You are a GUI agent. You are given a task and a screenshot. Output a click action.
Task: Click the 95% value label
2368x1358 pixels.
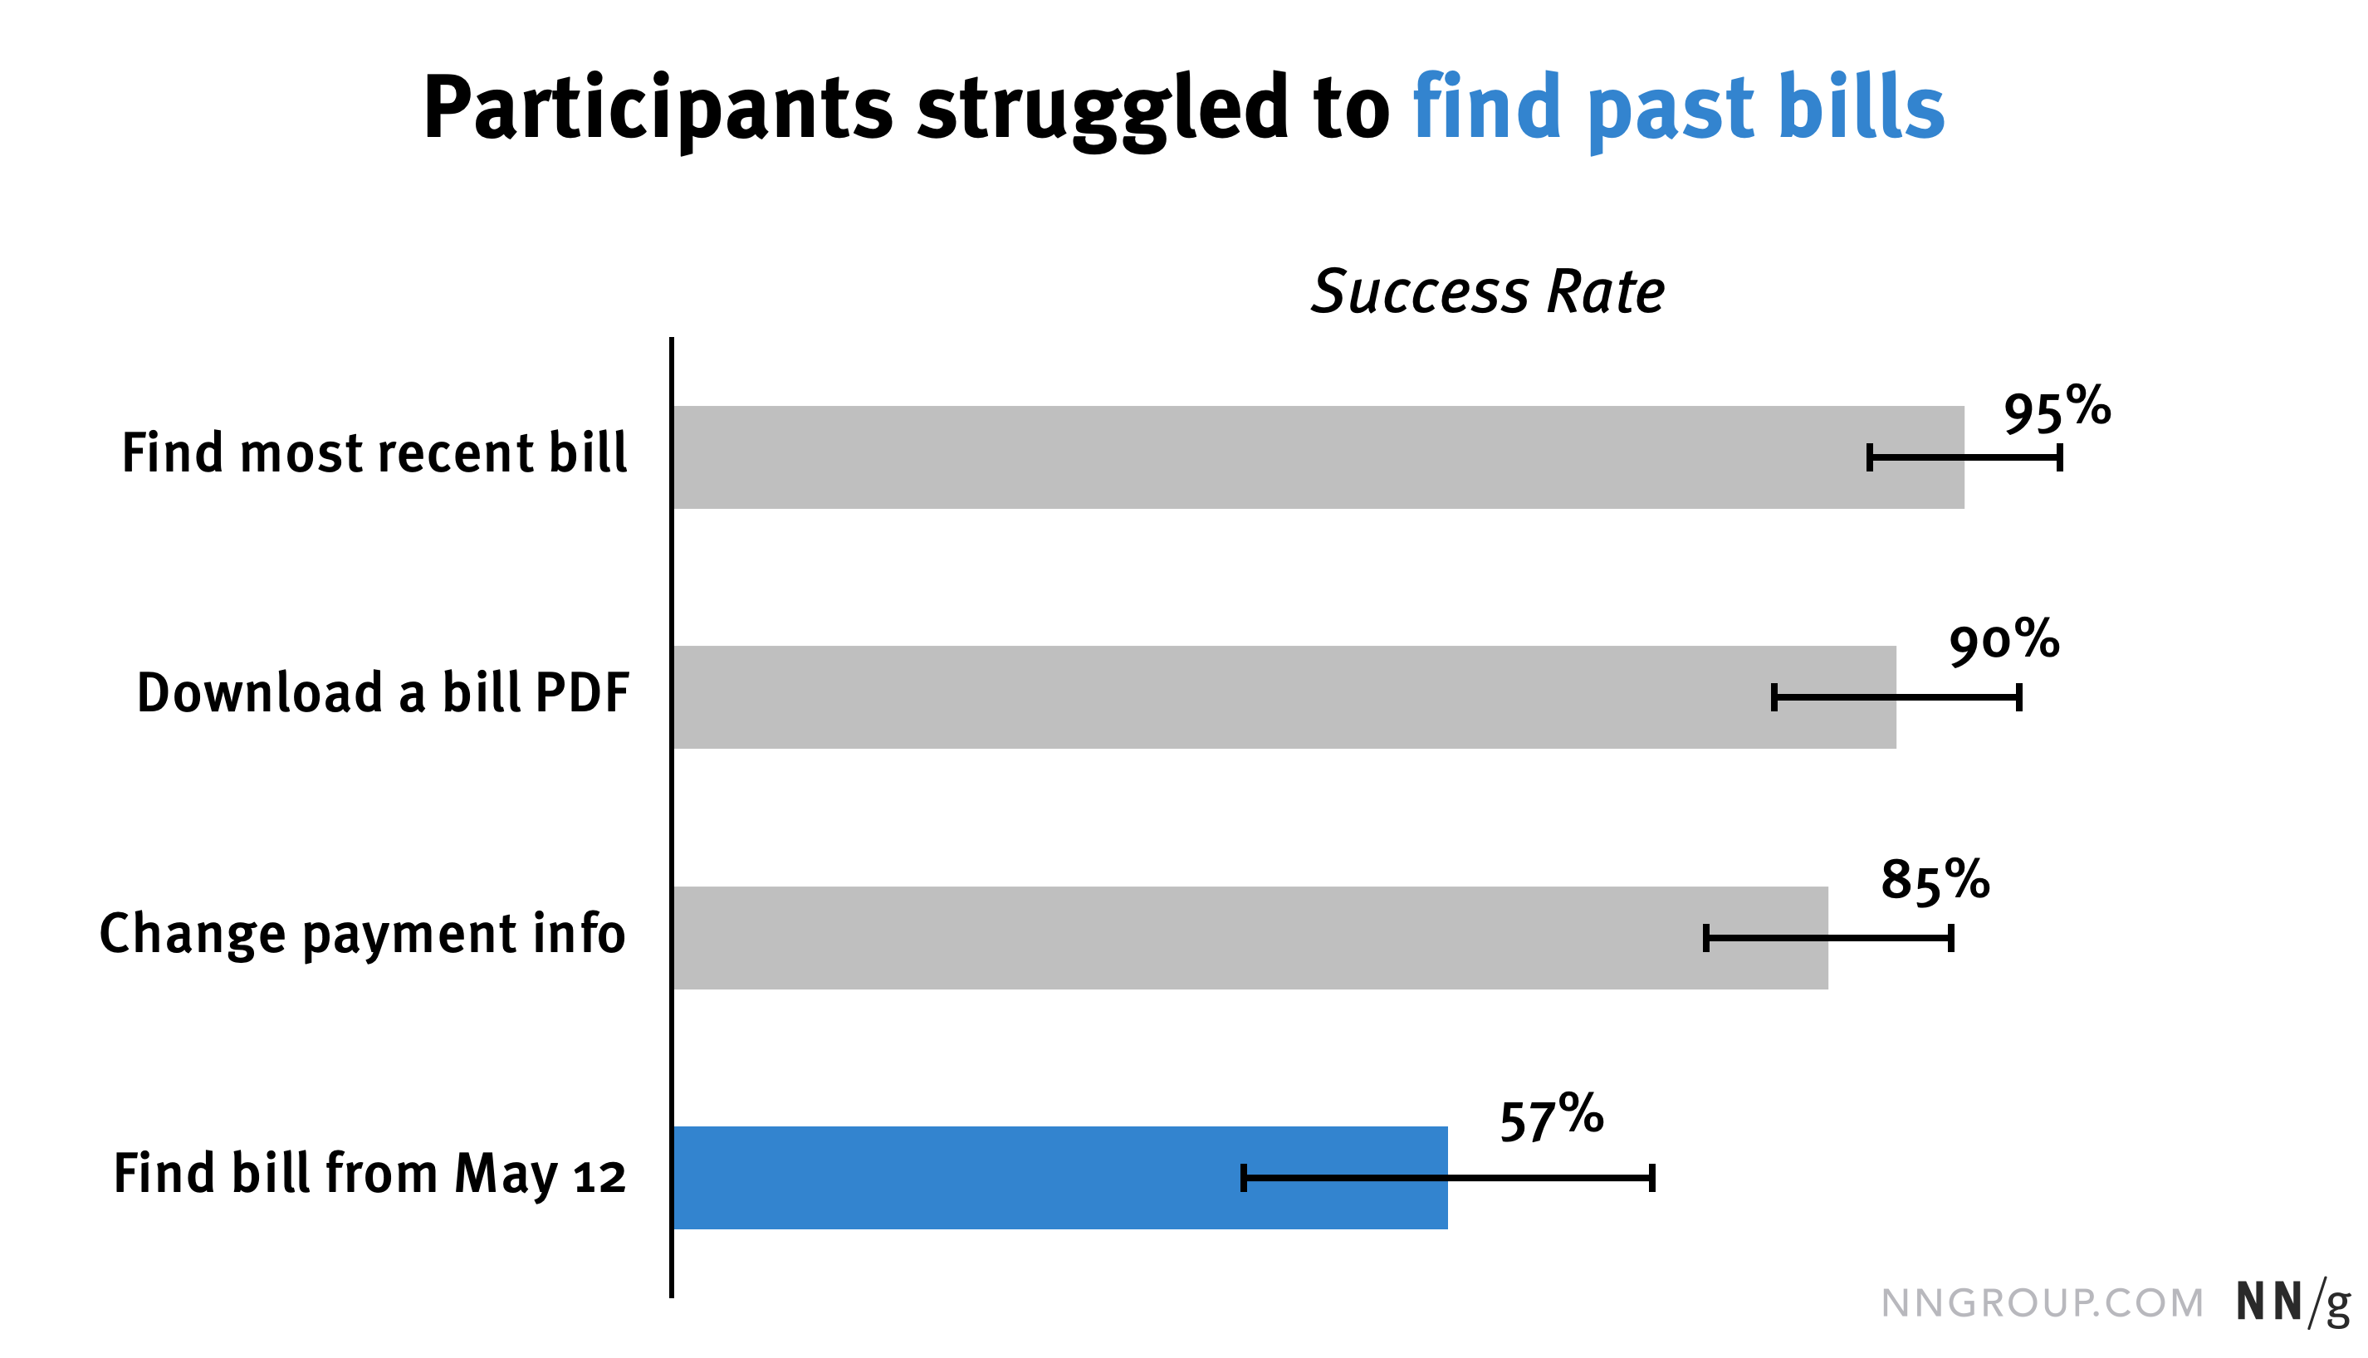(x=2057, y=410)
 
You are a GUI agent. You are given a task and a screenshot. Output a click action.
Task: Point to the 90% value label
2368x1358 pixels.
(x=2004, y=642)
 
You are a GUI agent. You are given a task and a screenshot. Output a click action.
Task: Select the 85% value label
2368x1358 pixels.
(x=1935, y=881)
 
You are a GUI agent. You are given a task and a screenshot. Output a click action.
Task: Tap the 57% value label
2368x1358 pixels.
(x=1551, y=1119)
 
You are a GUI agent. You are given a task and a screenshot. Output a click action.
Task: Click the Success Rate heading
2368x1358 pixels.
(x=1487, y=292)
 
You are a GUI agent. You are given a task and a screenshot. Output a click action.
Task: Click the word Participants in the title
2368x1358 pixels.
(x=658, y=110)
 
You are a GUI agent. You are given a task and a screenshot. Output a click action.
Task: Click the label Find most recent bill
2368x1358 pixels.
(x=374, y=453)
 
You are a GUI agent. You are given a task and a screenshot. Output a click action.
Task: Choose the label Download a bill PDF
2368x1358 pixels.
(x=383, y=693)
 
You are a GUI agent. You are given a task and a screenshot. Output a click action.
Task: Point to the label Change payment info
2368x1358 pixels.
(x=362, y=934)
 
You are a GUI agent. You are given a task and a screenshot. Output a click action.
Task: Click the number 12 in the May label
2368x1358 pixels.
(x=599, y=1177)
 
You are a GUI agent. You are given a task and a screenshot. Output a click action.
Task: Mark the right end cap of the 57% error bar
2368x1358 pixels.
(x=1651, y=1178)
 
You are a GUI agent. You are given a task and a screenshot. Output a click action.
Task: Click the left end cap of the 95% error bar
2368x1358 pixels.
(x=1869, y=458)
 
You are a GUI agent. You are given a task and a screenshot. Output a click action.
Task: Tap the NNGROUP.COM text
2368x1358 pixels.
(x=2042, y=1303)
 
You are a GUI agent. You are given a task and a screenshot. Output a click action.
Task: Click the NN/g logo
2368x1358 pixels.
(x=2292, y=1302)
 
